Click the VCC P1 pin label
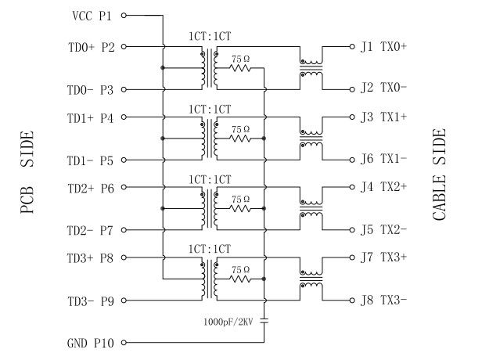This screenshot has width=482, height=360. point(92,15)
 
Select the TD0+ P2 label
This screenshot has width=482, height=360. point(92,47)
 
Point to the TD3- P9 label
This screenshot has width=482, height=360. point(92,301)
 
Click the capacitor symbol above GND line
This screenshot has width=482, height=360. point(266,320)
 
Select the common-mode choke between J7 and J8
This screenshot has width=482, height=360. point(311,279)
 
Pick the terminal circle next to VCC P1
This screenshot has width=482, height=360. point(123,15)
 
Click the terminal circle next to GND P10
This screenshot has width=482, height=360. point(123,342)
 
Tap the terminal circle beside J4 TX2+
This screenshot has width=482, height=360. point(351,188)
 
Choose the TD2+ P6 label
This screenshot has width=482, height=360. point(92,188)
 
